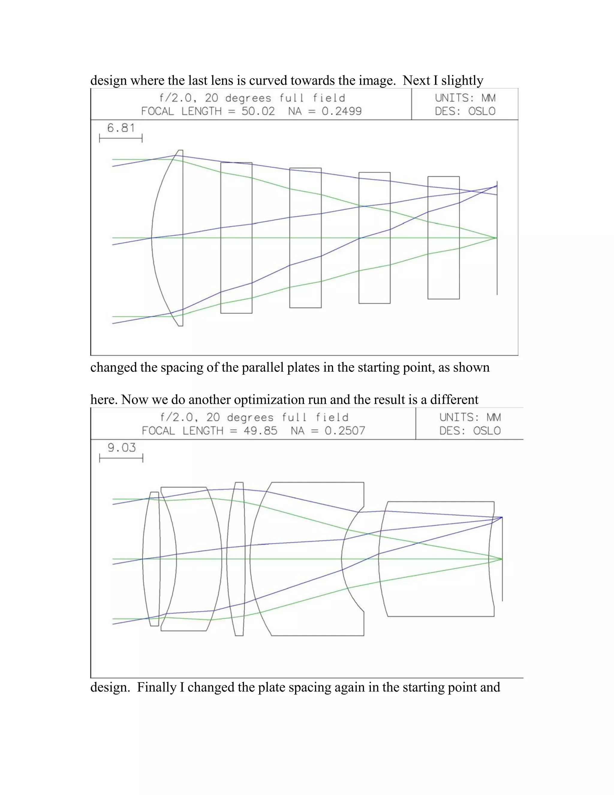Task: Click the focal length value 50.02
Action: pos(258,111)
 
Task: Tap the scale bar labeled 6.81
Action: pos(121,138)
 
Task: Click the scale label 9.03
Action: pos(121,447)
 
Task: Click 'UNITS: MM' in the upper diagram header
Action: pos(465,98)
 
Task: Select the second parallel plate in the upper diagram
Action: pos(305,238)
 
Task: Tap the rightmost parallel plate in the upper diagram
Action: pos(443,238)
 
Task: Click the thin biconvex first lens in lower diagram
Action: pos(151,559)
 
